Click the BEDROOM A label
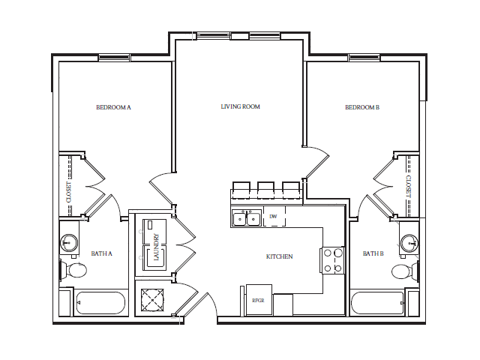point(114,107)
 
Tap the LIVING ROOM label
point(240,106)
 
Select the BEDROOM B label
point(362,107)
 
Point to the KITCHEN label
point(279,256)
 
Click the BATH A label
point(101,253)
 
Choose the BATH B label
point(373,253)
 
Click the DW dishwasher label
point(273,217)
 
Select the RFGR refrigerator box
point(259,299)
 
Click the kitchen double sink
point(246,218)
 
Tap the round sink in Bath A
point(69,242)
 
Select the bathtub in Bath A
point(99,304)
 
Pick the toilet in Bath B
point(402,271)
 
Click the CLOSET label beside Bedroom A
point(69,191)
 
